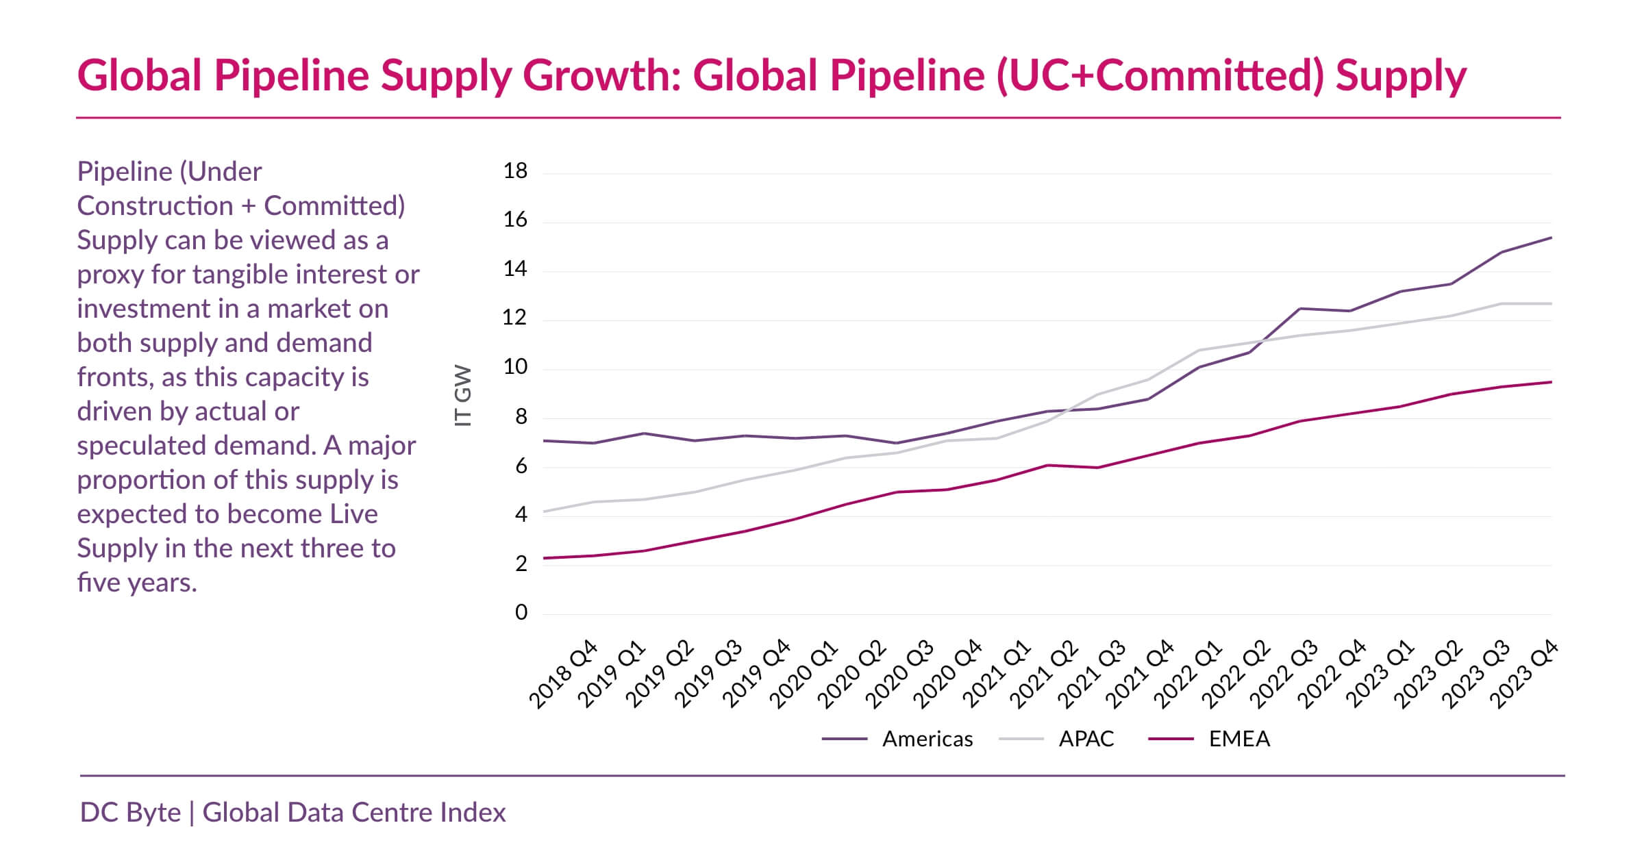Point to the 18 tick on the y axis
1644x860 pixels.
(515, 171)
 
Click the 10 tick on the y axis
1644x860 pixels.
(515, 367)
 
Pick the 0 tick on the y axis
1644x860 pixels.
(521, 612)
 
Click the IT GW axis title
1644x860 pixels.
(464, 396)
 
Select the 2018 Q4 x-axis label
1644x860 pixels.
(563, 674)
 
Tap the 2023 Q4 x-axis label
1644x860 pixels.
(1524, 674)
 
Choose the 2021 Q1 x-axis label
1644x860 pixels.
(996, 674)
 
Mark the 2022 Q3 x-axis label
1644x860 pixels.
(1284, 674)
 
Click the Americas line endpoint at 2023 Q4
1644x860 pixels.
(1551, 238)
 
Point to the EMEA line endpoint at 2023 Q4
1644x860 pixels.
(1551, 382)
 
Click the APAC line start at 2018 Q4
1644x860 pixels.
(543, 511)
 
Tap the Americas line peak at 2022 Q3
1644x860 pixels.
(1300, 308)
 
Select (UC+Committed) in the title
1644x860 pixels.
(1160, 75)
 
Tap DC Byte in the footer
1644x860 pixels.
(130, 813)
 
